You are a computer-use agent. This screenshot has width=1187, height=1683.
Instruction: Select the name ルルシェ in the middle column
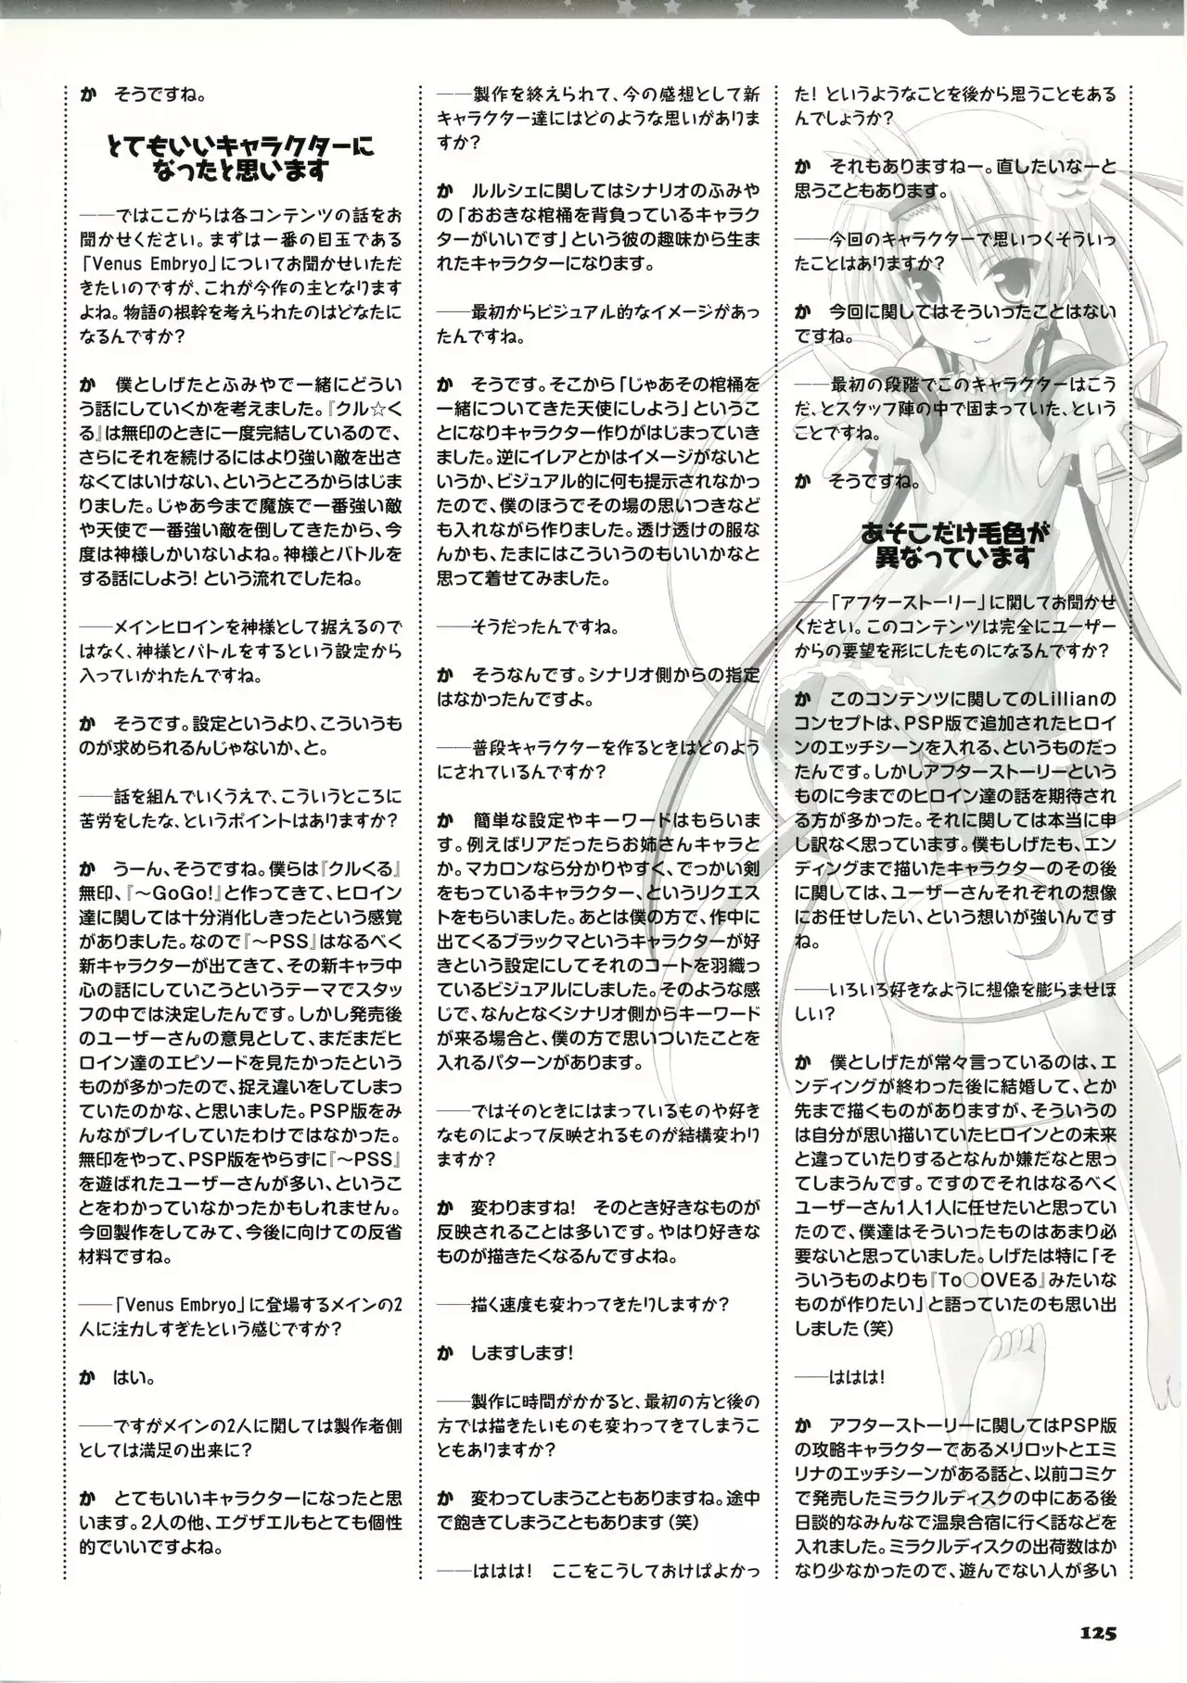pos(502,191)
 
